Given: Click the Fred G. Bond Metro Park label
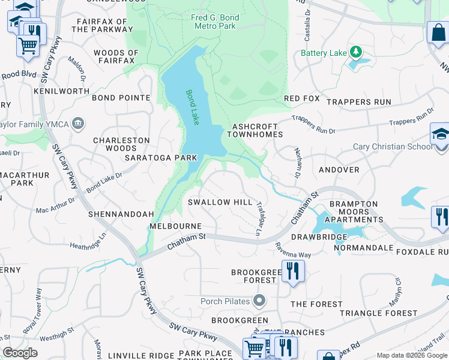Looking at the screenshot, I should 215,22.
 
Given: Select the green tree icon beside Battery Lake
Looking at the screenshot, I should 356,53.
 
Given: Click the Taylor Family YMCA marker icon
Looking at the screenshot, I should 77,124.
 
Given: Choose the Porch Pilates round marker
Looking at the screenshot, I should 259,300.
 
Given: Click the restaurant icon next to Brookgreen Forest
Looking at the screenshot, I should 293,271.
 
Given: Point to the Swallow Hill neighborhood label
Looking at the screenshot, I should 220,202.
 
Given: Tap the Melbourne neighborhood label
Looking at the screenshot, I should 175,226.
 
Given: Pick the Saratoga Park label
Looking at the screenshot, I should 161,158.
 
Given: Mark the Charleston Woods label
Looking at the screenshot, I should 121,144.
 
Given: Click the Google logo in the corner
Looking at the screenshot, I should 20,353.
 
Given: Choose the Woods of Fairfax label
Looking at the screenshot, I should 116,57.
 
